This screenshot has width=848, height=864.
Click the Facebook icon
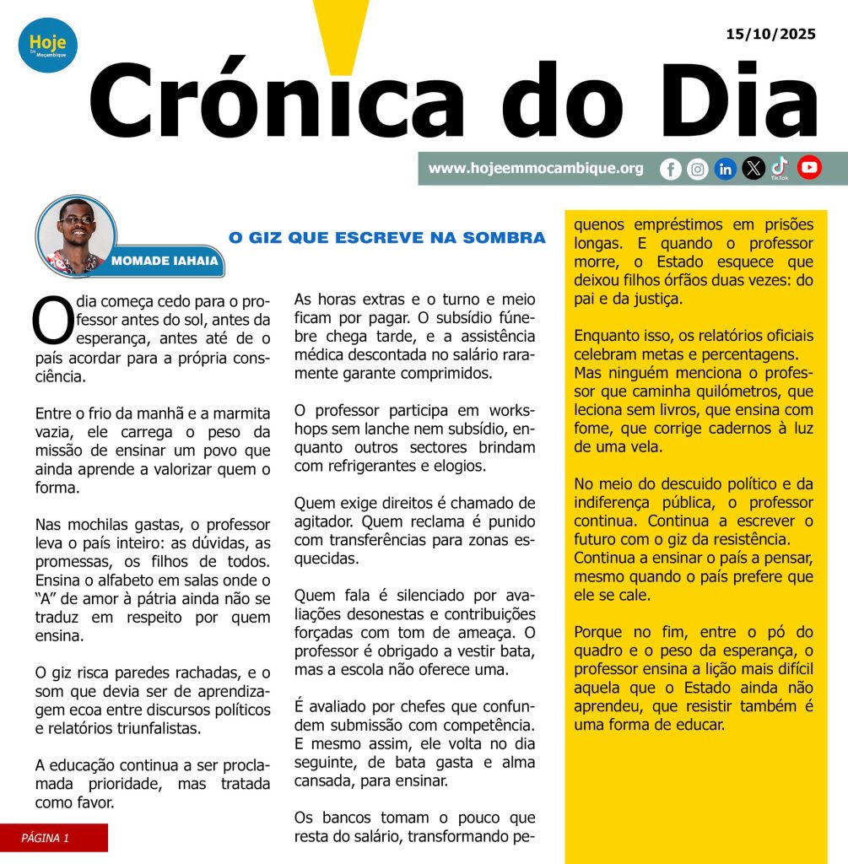click(x=671, y=169)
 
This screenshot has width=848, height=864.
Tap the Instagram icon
click(x=698, y=169)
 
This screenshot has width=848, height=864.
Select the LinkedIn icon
click(x=726, y=169)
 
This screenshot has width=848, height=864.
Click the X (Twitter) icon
click(x=753, y=169)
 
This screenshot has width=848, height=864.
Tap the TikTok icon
click(x=780, y=168)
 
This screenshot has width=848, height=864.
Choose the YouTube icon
click(x=809, y=168)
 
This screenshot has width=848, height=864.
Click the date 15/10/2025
click(x=770, y=35)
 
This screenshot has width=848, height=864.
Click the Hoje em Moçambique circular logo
click(x=48, y=46)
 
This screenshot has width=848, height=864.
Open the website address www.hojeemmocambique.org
click(x=536, y=169)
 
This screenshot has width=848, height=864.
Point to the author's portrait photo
click(x=76, y=235)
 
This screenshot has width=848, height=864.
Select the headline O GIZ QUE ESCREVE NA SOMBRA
click(x=387, y=239)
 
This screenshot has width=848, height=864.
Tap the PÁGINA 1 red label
click(x=53, y=838)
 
